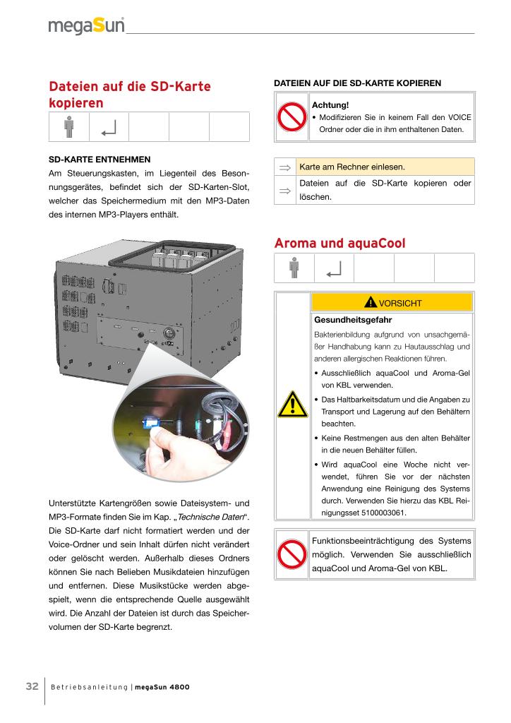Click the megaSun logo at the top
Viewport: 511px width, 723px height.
click(86, 26)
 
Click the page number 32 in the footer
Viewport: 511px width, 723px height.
click(32, 687)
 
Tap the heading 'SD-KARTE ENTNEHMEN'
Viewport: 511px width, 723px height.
click(99, 160)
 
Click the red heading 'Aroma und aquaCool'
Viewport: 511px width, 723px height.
click(339, 244)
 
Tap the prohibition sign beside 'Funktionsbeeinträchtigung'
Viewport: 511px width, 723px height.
click(291, 555)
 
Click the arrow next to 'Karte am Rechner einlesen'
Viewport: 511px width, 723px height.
click(284, 167)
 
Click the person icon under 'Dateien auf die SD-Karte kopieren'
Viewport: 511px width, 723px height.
click(68, 128)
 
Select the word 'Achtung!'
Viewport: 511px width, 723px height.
click(331, 105)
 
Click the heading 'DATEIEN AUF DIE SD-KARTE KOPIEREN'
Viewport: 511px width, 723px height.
click(356, 83)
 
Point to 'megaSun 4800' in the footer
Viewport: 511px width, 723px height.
click(162, 688)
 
